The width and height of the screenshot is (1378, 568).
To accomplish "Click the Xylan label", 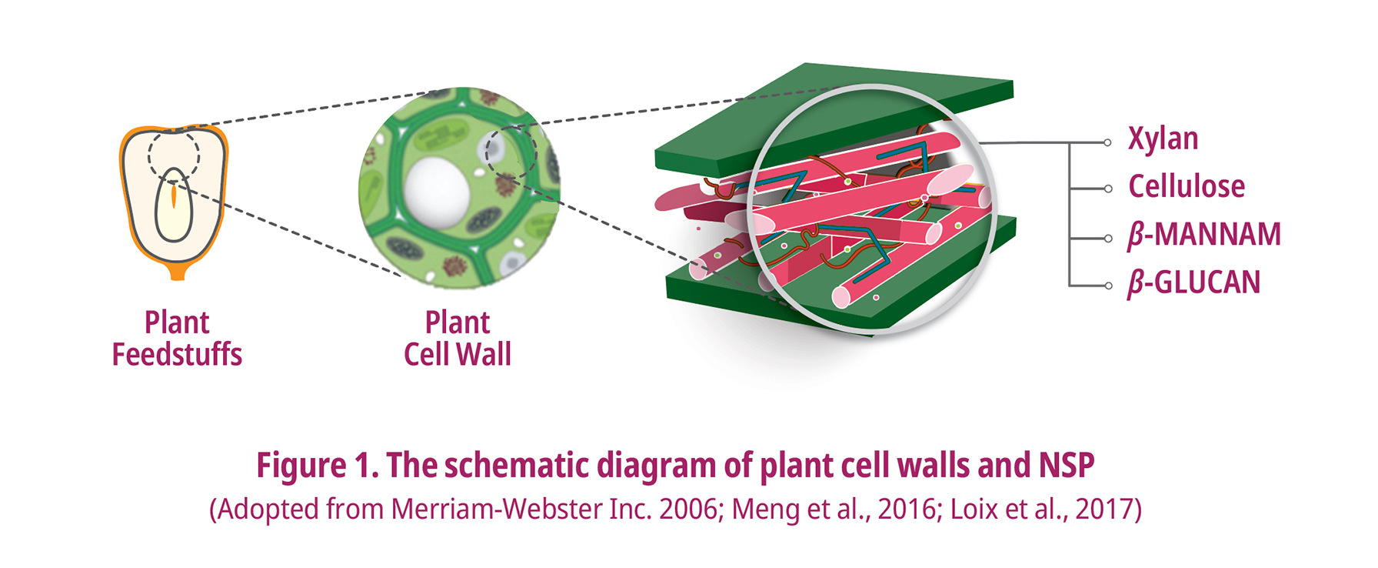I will pos(1163,139).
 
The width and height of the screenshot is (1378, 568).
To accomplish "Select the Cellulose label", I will pos(1186,187).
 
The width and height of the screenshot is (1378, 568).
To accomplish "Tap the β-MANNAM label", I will pos(1204,235).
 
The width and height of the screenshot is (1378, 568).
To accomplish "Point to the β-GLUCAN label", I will pos(1193,282).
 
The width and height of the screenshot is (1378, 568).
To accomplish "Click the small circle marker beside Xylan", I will pos(1107,142).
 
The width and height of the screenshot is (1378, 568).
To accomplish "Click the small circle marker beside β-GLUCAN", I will pos(1107,286).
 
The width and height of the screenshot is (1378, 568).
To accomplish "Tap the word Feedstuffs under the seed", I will pos(177,355).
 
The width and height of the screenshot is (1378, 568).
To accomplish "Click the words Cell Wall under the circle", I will pos(458,355).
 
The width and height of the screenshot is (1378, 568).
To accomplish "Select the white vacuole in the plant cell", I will pos(437,190).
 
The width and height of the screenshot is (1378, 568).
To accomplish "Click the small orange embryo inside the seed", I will pos(175,195).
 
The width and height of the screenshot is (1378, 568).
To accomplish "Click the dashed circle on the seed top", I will pos(174,154).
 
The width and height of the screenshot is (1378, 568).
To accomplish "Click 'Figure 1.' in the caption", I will pos(317,466).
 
